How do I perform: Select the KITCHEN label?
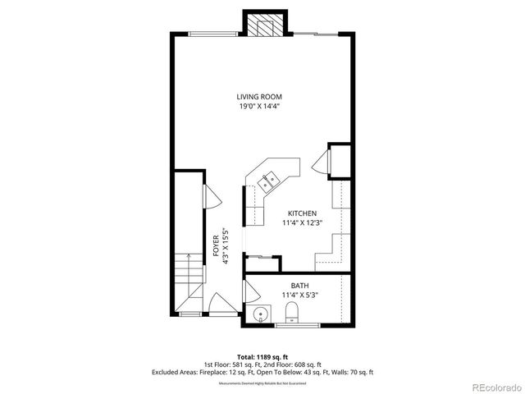301,213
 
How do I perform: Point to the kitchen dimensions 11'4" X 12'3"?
301,222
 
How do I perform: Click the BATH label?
299,286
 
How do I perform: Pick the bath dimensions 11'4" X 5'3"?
299,295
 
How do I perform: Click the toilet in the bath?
290,312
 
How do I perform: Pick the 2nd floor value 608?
294,364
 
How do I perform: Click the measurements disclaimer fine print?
262,383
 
